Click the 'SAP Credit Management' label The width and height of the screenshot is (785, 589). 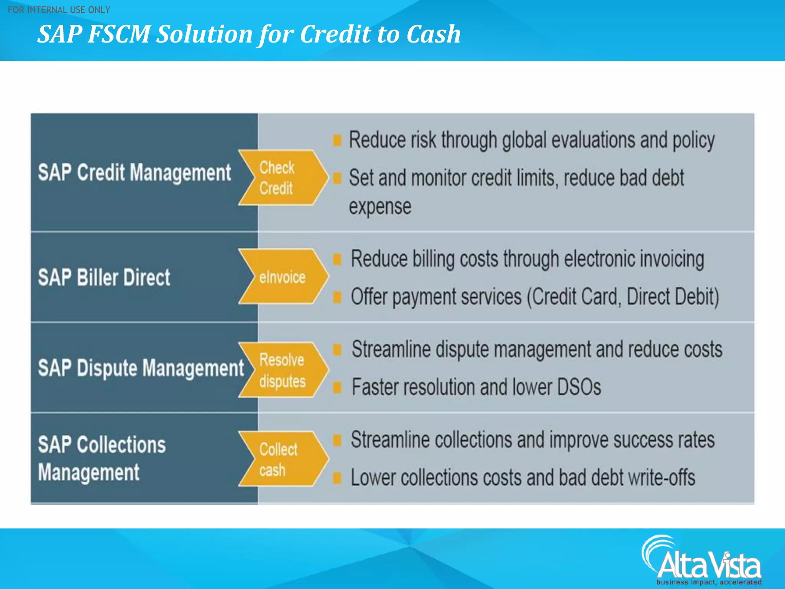135,172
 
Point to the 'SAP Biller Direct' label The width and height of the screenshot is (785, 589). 104,277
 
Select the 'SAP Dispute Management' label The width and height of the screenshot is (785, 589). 141,368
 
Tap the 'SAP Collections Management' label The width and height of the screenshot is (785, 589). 102,458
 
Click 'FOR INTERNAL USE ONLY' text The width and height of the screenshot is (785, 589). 59,10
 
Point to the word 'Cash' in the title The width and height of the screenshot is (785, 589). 433,34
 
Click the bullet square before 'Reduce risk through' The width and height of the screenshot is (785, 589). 337,141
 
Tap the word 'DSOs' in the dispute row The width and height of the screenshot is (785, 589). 579,387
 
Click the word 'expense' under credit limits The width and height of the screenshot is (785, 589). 380,207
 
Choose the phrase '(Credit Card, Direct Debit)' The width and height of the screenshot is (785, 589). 623,297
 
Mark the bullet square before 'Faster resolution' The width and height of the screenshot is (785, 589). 337,388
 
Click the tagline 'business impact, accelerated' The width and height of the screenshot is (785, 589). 709,582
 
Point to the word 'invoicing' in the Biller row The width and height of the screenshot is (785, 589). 667,259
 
